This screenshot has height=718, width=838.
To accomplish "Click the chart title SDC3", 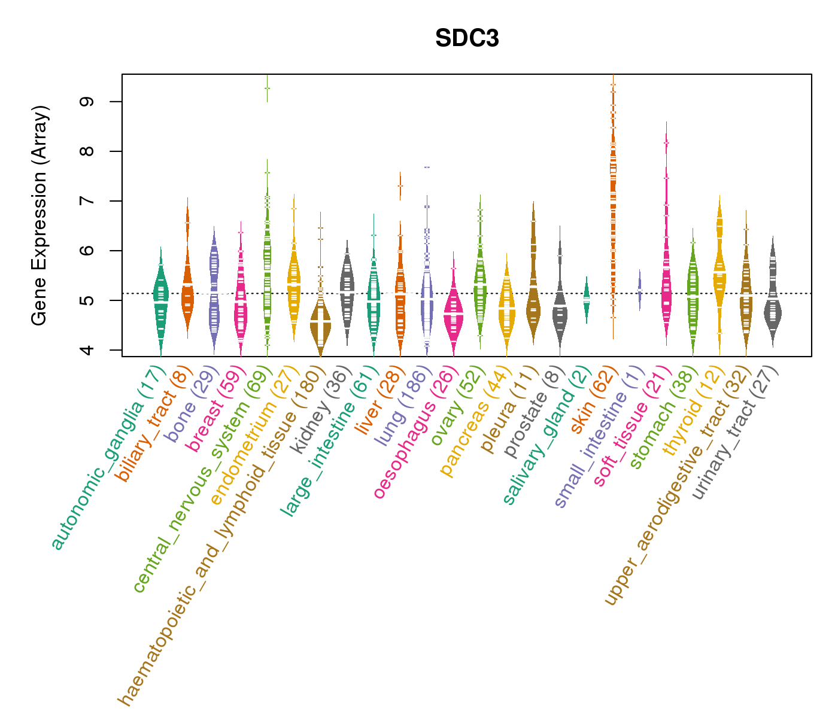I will pyautogui.click(x=467, y=39).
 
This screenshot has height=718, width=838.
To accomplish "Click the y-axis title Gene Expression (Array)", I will pyautogui.click(x=40, y=215).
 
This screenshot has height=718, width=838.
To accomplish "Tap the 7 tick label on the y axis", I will pyautogui.click(x=89, y=201).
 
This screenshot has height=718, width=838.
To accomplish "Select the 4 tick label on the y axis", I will pyautogui.click(x=89, y=349).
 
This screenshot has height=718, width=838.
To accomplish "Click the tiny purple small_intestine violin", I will pyautogui.click(x=640, y=290).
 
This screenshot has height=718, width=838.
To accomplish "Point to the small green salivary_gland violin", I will pyautogui.click(x=587, y=299).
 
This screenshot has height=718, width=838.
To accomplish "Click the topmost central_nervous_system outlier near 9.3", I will pyautogui.click(x=267, y=89).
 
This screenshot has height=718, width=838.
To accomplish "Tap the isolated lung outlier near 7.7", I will pyautogui.click(x=427, y=167).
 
